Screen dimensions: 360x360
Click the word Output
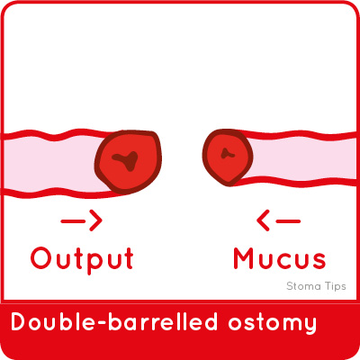(x=82, y=259)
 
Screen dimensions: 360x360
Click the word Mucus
(x=280, y=258)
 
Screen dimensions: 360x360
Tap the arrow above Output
(x=82, y=221)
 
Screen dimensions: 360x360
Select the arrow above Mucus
(x=279, y=221)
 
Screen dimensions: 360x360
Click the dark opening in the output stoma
(x=126, y=160)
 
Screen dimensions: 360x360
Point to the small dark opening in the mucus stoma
(x=227, y=154)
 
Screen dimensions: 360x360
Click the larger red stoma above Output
(x=128, y=162)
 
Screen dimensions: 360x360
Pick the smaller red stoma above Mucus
(x=228, y=157)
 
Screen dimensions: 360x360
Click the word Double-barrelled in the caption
(x=114, y=321)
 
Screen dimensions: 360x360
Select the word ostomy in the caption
(x=272, y=323)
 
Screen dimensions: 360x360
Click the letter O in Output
(x=41, y=258)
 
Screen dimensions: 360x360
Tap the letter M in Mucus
(x=245, y=258)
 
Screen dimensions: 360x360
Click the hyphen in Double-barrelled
(x=102, y=323)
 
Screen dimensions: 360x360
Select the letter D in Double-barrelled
(x=19, y=322)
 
